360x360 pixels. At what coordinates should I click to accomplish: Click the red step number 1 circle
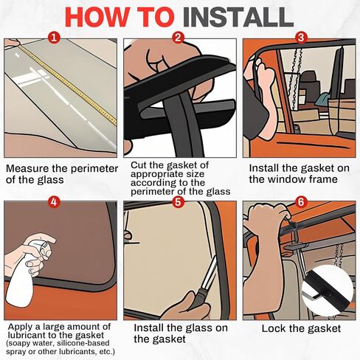(x=54, y=38)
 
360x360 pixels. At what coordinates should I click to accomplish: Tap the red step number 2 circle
(x=178, y=38)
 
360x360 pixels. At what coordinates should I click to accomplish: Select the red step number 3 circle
(x=301, y=38)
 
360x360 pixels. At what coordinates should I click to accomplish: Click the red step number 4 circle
(x=54, y=202)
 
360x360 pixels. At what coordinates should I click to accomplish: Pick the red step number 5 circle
(x=178, y=202)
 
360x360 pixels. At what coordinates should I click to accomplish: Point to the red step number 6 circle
(x=301, y=202)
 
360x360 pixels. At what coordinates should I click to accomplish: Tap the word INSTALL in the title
(x=238, y=18)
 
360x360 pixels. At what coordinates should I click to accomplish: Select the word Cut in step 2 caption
(x=137, y=165)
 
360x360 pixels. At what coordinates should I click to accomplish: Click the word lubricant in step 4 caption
(x=27, y=335)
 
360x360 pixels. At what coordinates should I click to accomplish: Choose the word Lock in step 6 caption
(x=272, y=328)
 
